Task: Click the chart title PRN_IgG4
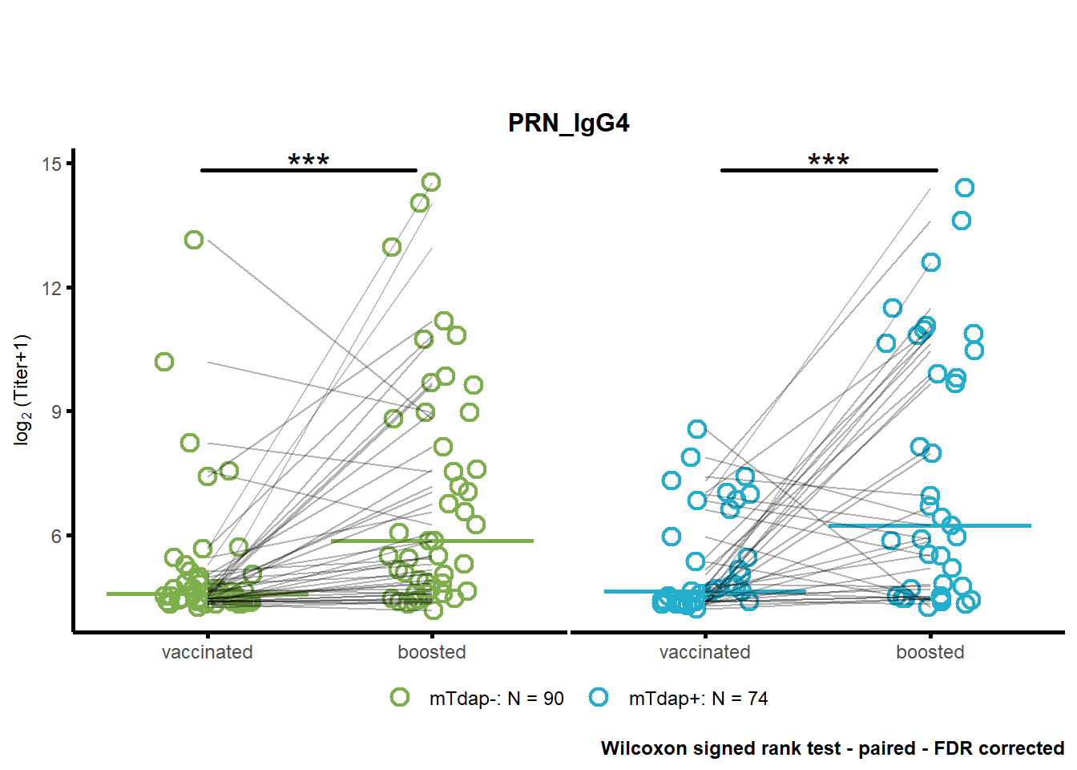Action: (568, 124)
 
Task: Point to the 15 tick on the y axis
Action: (52, 164)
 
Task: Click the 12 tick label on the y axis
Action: (52, 288)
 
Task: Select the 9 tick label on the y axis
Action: (57, 412)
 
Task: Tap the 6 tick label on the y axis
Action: (57, 536)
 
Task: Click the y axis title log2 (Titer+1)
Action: (22, 391)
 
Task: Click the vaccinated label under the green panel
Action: (208, 652)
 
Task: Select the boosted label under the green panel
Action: (432, 652)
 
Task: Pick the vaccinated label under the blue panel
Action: (705, 652)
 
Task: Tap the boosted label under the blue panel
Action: (930, 652)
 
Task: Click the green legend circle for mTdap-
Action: (400, 697)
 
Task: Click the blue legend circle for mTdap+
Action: (599, 697)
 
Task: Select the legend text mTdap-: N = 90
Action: (497, 699)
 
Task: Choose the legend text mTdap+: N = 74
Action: (699, 699)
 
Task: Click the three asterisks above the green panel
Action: (309, 160)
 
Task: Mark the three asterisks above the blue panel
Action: (829, 160)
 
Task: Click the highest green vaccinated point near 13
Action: (194, 240)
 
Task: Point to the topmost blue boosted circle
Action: (965, 188)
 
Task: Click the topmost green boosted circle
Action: (431, 182)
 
